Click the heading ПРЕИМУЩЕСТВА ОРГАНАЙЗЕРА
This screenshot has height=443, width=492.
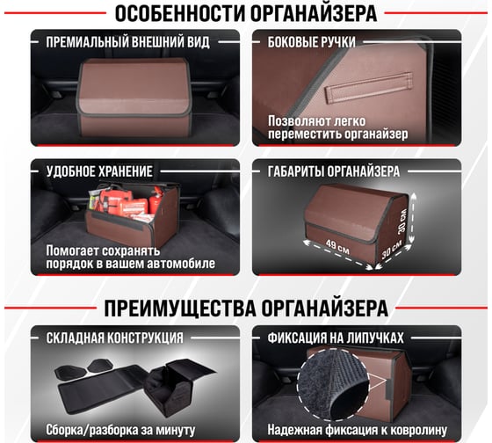[245, 309]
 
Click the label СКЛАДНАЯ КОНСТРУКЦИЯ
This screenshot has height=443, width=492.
[113, 338]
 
